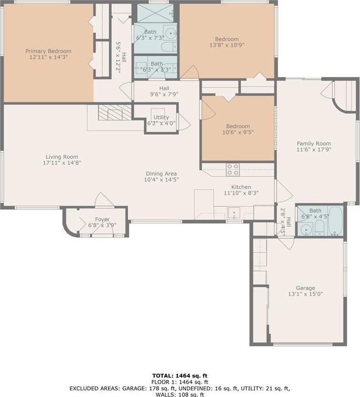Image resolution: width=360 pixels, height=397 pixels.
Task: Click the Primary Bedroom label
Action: point(48,51)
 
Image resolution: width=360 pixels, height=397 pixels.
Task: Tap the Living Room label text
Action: point(62,157)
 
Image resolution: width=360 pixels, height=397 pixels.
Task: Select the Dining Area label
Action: point(161,174)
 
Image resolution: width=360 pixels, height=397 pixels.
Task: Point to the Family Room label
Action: point(313,144)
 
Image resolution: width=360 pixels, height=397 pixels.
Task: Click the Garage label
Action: point(305,288)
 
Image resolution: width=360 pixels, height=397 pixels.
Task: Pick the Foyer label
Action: point(102,219)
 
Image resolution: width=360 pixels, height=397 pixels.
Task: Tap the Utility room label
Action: point(161,117)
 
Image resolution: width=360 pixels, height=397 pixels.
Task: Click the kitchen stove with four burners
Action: point(233,169)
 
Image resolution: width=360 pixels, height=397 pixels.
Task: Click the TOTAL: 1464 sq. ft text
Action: point(180,376)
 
